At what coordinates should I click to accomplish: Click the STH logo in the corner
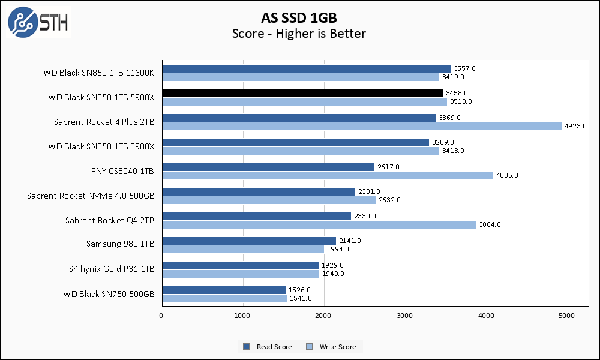[x=38, y=22]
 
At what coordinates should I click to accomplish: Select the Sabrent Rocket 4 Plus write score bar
[x=361, y=127]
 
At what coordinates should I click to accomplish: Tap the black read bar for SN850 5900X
[x=302, y=93]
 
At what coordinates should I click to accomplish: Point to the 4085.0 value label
[x=507, y=175]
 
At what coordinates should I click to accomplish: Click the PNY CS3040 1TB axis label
[x=122, y=171]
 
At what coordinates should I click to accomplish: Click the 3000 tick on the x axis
[x=406, y=315]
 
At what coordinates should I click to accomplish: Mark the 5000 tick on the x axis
[x=568, y=315]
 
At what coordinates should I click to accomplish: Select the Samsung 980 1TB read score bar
[x=248, y=241]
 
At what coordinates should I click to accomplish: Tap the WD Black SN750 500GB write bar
[x=224, y=298]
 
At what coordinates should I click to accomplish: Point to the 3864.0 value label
[x=490, y=224]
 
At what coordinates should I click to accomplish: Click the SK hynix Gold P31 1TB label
[x=112, y=269]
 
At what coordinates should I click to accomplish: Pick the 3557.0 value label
[x=464, y=68]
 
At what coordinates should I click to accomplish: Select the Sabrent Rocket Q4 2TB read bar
[x=256, y=216]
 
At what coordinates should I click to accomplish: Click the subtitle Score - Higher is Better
[x=299, y=34]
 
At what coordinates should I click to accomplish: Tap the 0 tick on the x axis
[x=161, y=315]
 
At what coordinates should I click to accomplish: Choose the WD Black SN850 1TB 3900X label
[x=101, y=146]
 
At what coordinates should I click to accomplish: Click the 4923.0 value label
[x=575, y=127]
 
